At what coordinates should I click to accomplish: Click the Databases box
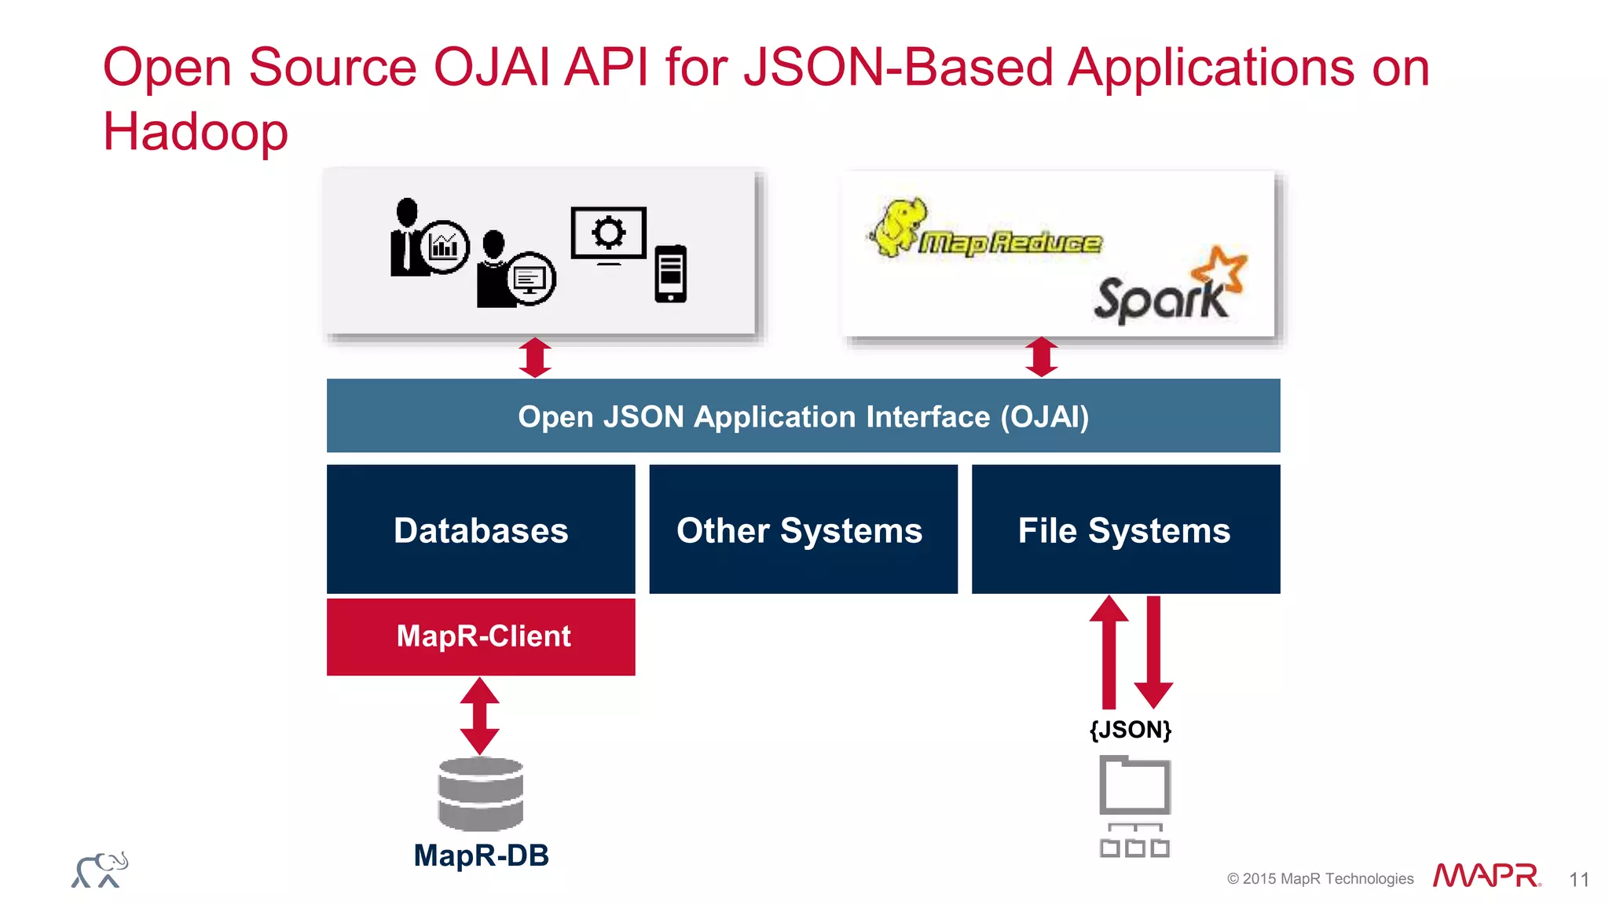[x=481, y=529]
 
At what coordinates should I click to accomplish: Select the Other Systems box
[x=803, y=529]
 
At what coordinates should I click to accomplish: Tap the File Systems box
[x=1125, y=529]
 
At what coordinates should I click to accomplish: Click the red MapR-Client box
[x=481, y=636]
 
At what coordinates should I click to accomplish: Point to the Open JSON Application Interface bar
[x=803, y=416]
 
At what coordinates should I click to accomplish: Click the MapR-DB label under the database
[x=481, y=856]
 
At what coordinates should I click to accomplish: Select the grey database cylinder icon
[x=481, y=793]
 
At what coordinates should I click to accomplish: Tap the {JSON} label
[x=1130, y=730]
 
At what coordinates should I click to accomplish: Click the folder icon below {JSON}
[x=1134, y=785]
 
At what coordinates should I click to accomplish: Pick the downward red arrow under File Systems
[x=1153, y=652]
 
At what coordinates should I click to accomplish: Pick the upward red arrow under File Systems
[x=1109, y=652]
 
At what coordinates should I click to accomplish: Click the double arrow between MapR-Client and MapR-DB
[x=480, y=716]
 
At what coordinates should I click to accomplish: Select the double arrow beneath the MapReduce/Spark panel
[x=1042, y=357]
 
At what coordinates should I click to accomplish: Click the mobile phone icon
[x=670, y=273]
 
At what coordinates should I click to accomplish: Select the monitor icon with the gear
[x=609, y=234]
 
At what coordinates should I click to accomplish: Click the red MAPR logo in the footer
[x=1486, y=875]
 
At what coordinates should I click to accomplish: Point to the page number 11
[x=1579, y=879]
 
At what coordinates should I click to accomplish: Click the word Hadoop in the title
[x=196, y=131]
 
